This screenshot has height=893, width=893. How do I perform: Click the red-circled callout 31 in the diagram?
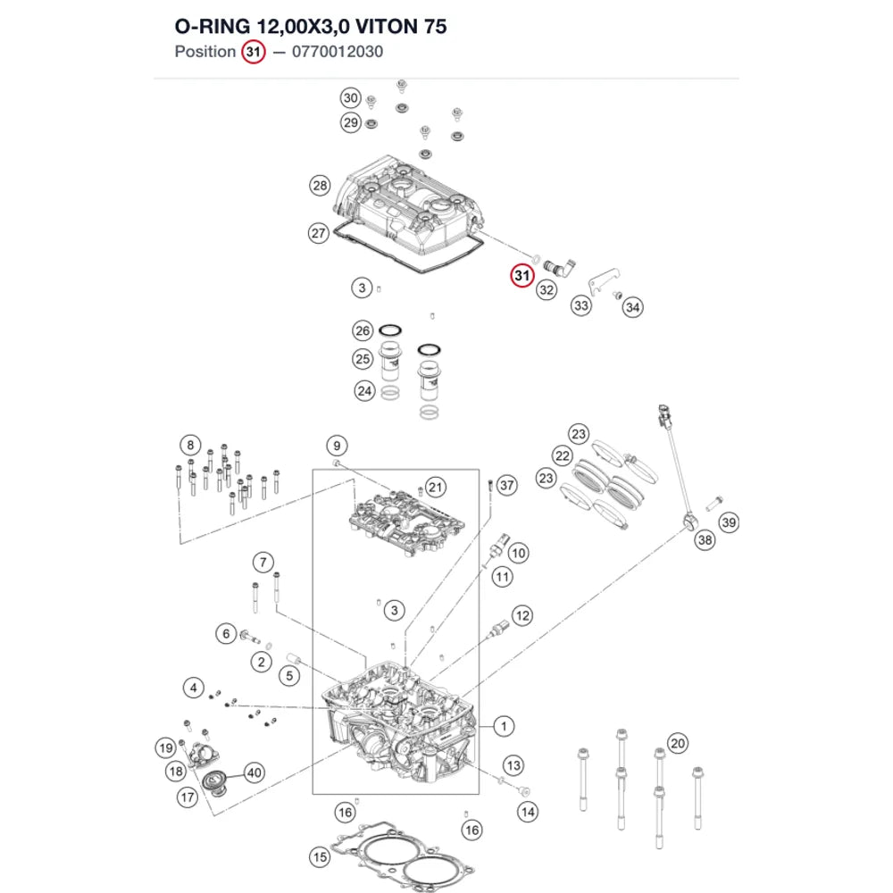(x=522, y=276)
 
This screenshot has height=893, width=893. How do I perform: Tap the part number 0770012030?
(x=338, y=52)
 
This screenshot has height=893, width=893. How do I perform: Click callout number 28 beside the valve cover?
(x=320, y=185)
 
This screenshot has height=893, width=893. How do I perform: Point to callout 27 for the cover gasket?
(x=319, y=233)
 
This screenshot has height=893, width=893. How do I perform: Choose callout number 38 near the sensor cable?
(x=705, y=539)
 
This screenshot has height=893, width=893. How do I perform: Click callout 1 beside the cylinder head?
(x=504, y=726)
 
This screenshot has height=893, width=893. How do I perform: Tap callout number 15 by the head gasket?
(x=320, y=857)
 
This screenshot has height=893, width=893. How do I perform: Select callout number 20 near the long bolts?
(x=677, y=743)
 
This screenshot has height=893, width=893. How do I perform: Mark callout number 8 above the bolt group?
(x=190, y=445)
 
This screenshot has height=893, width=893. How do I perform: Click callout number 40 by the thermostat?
(x=254, y=772)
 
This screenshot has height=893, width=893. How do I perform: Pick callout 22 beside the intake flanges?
(x=562, y=455)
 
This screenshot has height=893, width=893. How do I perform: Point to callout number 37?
(x=506, y=485)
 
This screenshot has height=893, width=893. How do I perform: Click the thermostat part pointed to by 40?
(x=216, y=782)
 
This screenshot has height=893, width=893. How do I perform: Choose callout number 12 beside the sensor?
(x=522, y=615)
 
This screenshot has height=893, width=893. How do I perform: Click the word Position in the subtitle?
(x=205, y=52)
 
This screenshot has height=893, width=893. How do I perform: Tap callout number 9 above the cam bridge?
(x=337, y=446)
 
